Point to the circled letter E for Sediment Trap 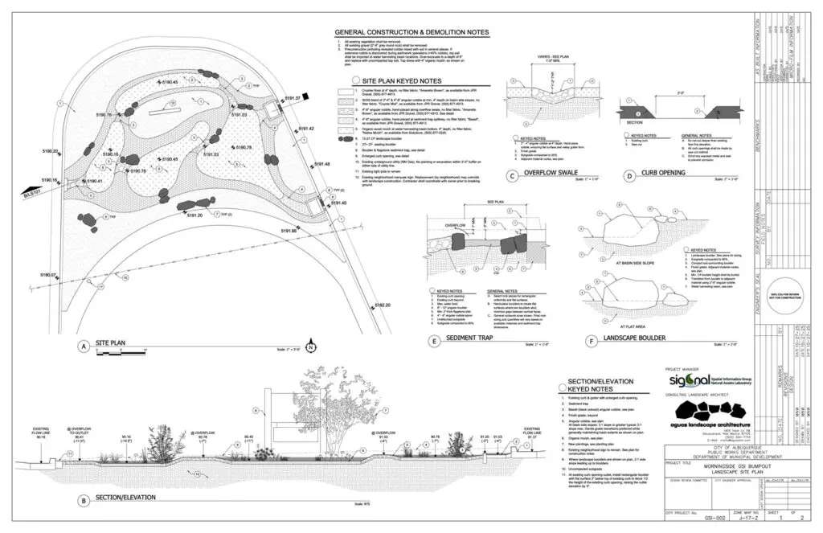pos(434,341)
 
